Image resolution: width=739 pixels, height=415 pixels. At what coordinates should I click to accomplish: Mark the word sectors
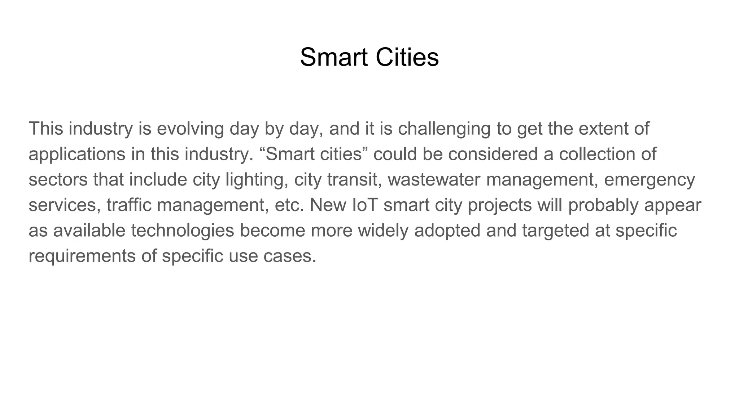[x=58, y=180]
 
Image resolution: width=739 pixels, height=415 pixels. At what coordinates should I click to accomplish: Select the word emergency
[x=649, y=180]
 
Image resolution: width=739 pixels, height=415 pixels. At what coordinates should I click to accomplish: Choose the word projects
[x=499, y=205]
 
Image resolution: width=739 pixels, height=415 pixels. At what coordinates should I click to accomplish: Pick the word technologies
[x=183, y=231]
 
